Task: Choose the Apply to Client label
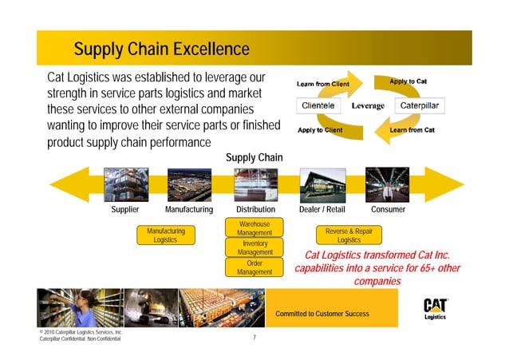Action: tap(320, 129)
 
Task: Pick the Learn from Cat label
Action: tap(412, 129)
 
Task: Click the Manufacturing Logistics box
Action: tap(165, 235)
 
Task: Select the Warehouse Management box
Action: tap(254, 228)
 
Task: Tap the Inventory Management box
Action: tap(254, 247)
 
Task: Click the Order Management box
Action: tap(254, 267)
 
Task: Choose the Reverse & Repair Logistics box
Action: tap(349, 235)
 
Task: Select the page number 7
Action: tap(254, 338)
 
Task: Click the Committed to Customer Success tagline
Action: tap(322, 314)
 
